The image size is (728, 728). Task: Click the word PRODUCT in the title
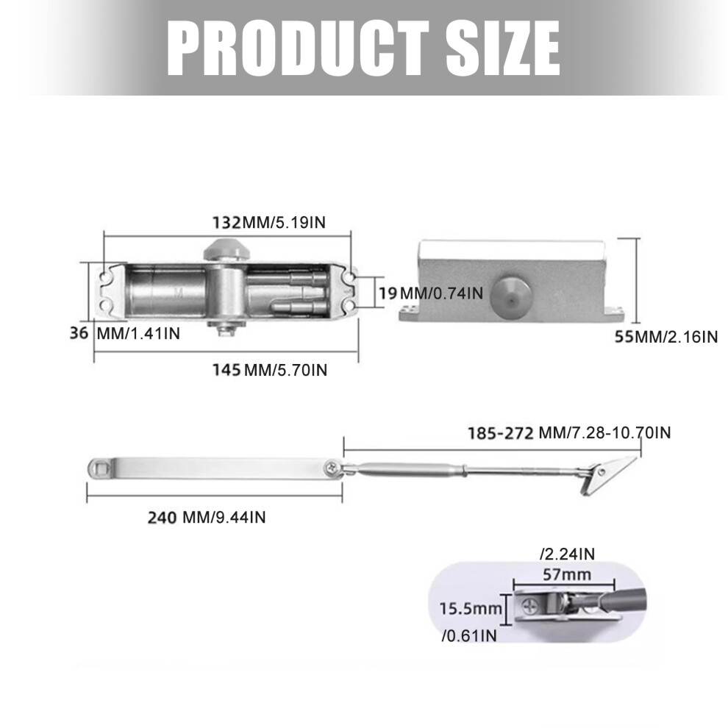click(298, 49)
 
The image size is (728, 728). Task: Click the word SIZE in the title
click(503, 49)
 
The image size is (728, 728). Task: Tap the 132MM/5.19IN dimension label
click(269, 222)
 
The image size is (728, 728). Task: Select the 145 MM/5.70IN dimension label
click(270, 370)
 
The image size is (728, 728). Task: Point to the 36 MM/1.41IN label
click(124, 333)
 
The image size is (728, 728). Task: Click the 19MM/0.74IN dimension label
click(431, 293)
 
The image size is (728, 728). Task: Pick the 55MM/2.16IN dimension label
click(666, 337)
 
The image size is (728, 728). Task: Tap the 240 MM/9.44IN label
click(207, 517)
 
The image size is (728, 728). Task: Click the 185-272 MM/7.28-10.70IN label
click(569, 432)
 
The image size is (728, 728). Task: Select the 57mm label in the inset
click(567, 575)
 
